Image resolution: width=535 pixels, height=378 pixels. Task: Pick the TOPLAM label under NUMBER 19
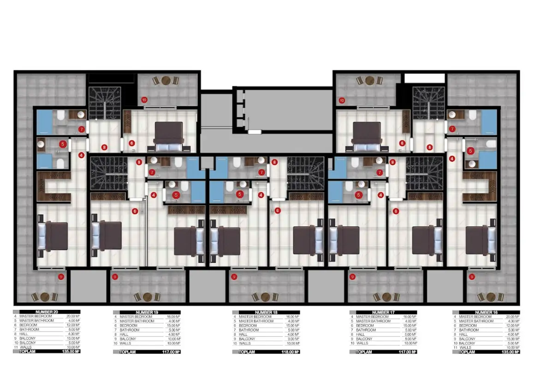[x=127, y=352]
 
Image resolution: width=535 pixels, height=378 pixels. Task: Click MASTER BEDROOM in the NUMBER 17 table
[x=372, y=317]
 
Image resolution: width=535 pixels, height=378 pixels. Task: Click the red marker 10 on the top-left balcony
[x=144, y=99]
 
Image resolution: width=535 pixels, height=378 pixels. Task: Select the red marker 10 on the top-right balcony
[x=342, y=99]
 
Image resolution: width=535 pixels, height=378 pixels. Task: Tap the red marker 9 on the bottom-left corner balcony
[x=61, y=277]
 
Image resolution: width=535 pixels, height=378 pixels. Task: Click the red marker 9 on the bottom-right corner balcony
[x=471, y=277]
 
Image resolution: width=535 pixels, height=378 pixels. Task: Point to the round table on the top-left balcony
[x=165, y=81]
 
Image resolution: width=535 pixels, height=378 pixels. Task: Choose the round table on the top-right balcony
[x=369, y=81]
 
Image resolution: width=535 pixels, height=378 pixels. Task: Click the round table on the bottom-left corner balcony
[x=45, y=297]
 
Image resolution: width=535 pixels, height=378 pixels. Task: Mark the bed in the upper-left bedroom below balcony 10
[x=168, y=136]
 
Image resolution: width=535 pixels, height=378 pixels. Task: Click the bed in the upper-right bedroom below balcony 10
[x=366, y=136]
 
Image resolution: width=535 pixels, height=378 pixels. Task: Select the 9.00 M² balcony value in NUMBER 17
[x=409, y=339]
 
